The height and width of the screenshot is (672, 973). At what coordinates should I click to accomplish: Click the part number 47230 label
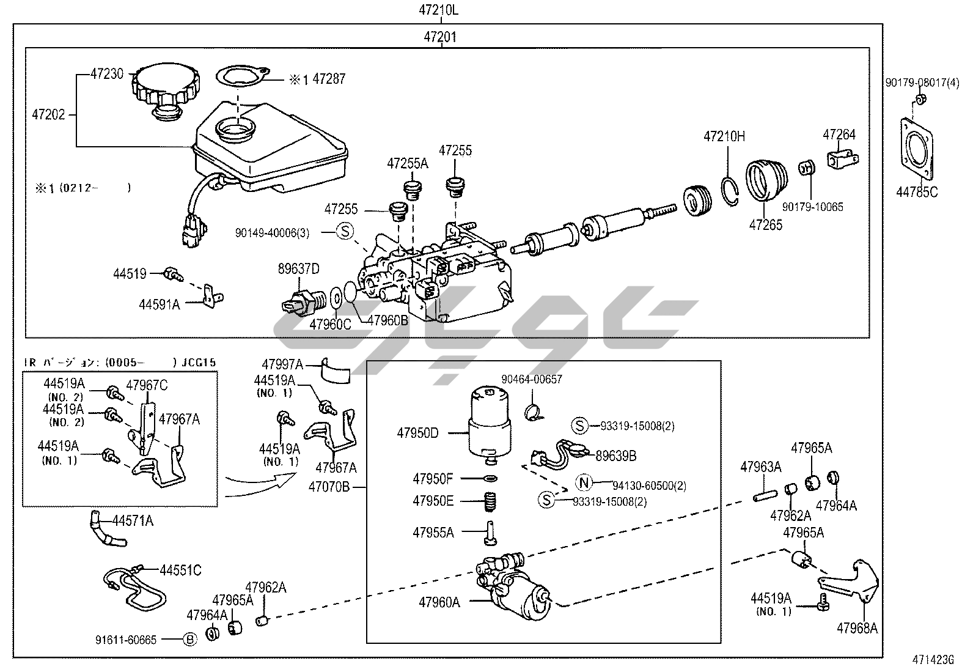(107, 74)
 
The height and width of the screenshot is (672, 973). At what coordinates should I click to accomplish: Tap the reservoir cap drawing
(165, 87)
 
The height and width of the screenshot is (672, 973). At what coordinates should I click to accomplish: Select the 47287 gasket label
(329, 79)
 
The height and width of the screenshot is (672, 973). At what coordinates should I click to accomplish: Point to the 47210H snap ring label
(724, 136)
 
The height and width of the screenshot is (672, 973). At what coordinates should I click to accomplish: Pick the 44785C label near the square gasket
(917, 192)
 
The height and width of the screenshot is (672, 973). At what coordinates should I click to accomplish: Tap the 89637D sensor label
(299, 268)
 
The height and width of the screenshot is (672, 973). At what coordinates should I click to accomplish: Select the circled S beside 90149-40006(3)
(345, 231)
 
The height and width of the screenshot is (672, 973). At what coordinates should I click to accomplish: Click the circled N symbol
(584, 483)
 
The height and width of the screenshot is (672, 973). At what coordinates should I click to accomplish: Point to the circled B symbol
(190, 640)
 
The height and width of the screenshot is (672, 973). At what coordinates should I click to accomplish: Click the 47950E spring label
(433, 501)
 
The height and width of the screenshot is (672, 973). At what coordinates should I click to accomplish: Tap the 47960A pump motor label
(439, 602)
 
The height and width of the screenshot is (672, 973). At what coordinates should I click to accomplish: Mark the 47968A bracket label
(857, 628)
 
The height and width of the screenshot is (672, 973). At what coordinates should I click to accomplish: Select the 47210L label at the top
(438, 10)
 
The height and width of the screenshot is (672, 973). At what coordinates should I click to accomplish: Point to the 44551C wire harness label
(180, 570)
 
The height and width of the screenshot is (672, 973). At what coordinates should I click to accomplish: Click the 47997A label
(282, 364)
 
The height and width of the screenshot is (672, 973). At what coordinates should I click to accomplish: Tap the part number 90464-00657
(531, 379)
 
